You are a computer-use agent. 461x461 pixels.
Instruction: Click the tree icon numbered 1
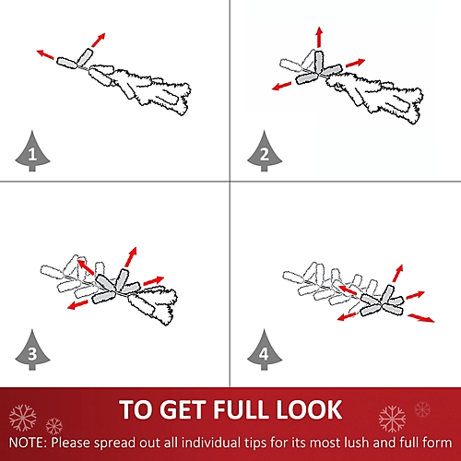[32, 151]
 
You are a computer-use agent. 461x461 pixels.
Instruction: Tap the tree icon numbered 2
[265, 151]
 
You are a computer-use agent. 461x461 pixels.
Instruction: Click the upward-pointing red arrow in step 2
[320, 37]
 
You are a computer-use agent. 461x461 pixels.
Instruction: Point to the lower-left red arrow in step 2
[282, 86]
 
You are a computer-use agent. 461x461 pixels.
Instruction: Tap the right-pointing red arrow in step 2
[356, 63]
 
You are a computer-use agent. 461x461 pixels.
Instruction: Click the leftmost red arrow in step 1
[45, 54]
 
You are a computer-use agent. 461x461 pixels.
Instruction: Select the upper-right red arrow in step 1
[99, 40]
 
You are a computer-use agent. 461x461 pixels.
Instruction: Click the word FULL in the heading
[242, 409]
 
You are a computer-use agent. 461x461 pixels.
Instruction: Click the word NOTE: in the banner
[29, 443]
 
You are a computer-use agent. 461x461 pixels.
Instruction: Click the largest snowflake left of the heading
[22, 418]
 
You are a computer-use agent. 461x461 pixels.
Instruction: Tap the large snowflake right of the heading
[392, 419]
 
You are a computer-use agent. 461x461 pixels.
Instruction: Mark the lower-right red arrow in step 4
[421, 318]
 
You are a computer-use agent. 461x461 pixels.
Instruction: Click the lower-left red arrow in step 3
[77, 305]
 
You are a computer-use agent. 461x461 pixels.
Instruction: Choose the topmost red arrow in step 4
[397, 273]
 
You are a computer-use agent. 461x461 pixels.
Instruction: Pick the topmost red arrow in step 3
[131, 256]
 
